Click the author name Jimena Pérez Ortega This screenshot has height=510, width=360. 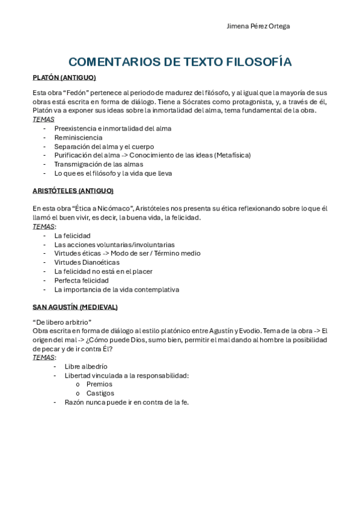258,26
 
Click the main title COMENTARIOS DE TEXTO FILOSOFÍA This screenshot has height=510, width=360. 180,62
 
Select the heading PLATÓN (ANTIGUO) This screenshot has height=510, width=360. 64,78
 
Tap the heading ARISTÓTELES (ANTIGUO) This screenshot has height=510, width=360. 73,191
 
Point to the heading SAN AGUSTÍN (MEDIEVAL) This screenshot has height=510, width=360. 75,307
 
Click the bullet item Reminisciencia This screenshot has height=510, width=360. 78,137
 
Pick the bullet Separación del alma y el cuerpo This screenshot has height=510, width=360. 104,146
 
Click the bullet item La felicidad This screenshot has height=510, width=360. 72,236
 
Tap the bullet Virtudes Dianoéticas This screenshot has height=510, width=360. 87,262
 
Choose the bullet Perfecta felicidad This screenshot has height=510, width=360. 81,280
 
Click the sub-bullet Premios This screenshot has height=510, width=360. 99,384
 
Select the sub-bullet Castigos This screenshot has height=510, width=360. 100,393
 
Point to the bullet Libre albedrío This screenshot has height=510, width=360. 86,366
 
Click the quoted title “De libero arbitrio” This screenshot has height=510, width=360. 61,322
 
